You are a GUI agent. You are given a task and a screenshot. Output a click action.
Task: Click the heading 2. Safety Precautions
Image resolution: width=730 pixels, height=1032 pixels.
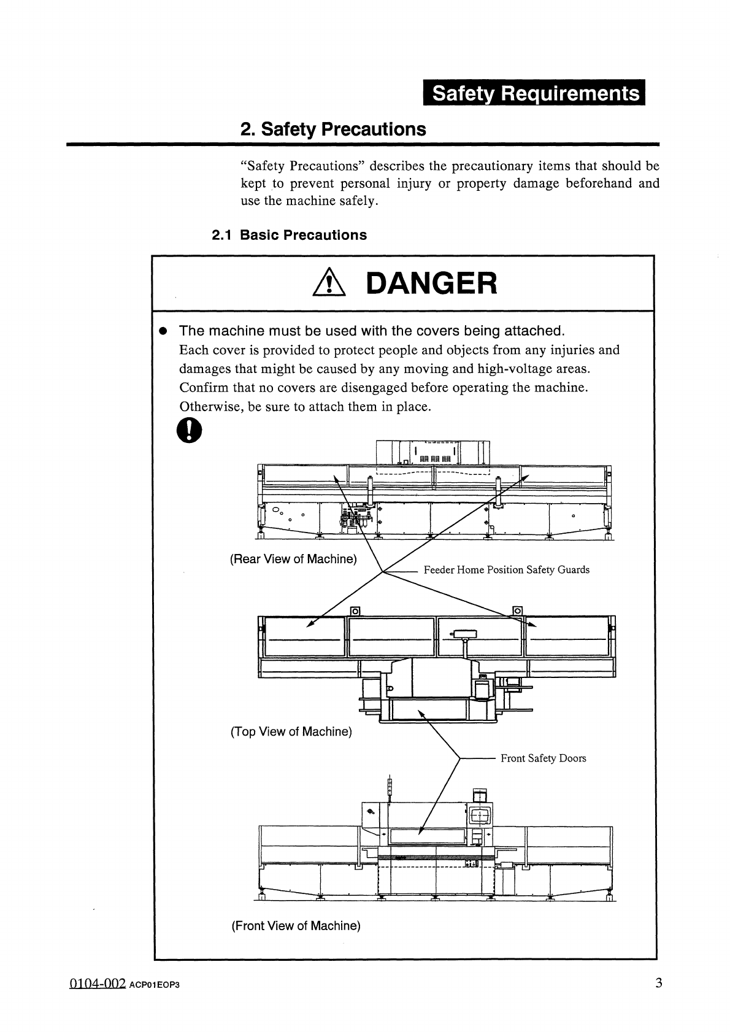tap(332, 129)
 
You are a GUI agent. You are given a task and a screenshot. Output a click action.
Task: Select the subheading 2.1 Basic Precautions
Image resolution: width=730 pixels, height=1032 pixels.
tap(289, 235)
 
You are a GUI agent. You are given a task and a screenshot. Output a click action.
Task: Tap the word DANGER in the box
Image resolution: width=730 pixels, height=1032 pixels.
tap(431, 283)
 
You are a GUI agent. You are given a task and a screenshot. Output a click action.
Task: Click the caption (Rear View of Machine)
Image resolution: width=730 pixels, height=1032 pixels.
tap(293, 560)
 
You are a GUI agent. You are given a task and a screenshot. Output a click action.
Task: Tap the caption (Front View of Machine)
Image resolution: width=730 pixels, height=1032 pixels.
tap(296, 926)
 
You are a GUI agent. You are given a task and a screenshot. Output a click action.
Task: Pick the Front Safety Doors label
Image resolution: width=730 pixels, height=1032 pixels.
tap(543, 758)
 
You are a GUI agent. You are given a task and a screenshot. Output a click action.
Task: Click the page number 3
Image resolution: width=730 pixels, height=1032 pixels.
tap(658, 984)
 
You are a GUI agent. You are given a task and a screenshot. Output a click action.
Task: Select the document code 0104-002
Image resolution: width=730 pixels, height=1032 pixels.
tap(97, 984)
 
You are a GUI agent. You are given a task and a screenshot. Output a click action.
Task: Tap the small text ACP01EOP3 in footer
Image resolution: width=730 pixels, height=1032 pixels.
tap(154, 986)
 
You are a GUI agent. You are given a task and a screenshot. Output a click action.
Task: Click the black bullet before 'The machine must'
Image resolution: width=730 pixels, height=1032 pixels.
tap(163, 331)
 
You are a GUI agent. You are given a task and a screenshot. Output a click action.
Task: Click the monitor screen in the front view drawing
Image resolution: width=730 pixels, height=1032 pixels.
tap(479, 815)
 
